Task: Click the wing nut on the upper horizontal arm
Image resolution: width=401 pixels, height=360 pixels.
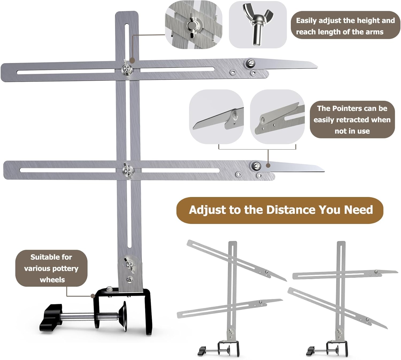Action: [x=126, y=68]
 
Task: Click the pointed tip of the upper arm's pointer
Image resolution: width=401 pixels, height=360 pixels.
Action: [x=317, y=68]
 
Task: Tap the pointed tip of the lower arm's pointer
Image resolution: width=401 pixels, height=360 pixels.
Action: [x=324, y=171]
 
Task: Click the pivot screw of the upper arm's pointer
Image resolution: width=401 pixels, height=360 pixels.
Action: [x=250, y=63]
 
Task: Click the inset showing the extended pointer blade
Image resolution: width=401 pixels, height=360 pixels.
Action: [x=216, y=117]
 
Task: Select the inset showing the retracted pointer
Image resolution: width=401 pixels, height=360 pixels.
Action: [x=277, y=117]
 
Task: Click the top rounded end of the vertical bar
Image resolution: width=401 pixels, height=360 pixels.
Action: [x=127, y=12]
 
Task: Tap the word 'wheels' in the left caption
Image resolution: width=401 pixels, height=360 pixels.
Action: [x=52, y=280]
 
